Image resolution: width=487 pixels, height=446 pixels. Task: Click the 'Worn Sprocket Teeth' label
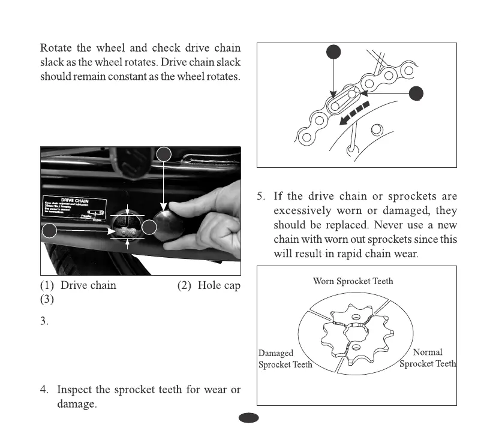click(353, 281)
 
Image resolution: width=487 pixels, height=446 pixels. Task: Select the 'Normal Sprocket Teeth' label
click(428, 358)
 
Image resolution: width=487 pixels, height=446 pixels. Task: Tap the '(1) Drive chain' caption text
click(77, 285)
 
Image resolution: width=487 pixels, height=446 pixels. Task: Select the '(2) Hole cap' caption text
click(209, 285)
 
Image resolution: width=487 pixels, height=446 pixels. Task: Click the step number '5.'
click(262, 197)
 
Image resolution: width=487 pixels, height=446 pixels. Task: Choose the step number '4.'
click(44, 390)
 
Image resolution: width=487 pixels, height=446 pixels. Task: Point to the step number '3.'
click(44, 321)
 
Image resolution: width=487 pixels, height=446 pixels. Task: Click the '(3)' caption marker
click(47, 299)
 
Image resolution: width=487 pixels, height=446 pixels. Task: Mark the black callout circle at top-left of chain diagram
click(333, 52)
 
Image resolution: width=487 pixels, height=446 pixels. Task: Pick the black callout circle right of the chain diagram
click(415, 93)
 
